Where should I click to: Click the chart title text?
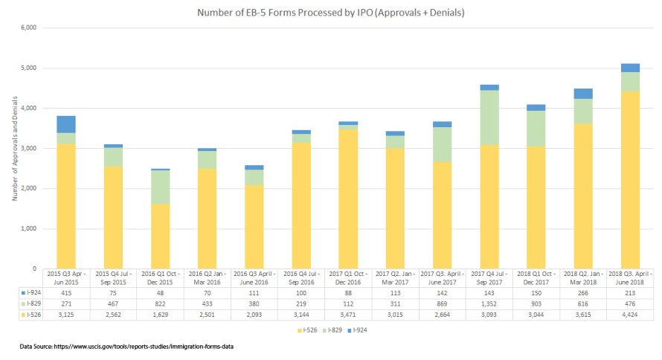(330, 13)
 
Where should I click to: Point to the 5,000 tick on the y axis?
(30, 68)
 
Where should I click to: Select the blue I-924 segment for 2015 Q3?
(66, 124)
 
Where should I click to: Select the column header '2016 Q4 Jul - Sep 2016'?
(301, 279)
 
